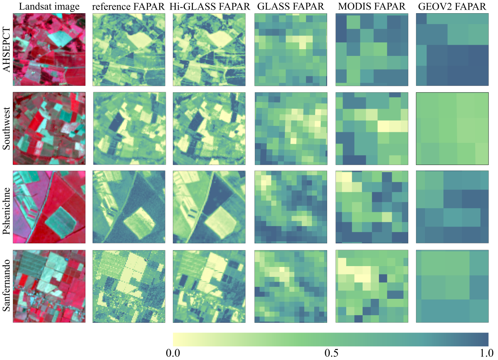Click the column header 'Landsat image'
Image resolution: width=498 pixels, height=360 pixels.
tap(49, 7)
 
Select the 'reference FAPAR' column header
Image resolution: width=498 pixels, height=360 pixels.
tap(129, 7)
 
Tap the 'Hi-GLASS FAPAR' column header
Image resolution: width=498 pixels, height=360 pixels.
tap(210, 7)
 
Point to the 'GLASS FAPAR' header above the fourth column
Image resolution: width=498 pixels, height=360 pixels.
tap(291, 7)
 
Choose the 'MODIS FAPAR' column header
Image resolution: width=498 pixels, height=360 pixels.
tap(372, 7)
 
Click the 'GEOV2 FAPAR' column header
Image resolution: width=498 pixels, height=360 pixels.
tap(452, 7)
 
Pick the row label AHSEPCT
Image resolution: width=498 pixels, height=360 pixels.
tap(6, 50)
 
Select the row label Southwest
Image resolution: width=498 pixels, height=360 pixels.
tap(6, 128)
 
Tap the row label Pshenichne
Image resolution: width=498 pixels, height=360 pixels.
tap(6, 207)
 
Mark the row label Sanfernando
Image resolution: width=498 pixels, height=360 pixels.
tap(6, 286)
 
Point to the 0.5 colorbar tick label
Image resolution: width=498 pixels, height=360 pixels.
tap(331, 353)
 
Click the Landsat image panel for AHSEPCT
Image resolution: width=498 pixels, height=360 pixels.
tap(49, 50)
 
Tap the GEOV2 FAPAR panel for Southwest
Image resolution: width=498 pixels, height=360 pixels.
tap(452, 128)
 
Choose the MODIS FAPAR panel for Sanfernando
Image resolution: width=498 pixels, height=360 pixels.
tap(372, 286)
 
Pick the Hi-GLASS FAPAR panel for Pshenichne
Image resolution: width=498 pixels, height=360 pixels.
tap(210, 207)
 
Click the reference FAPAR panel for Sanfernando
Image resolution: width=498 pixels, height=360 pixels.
tap(129, 286)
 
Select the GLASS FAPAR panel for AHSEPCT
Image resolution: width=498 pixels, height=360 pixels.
tap(291, 50)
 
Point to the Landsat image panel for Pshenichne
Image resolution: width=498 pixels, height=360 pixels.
tap(49, 207)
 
